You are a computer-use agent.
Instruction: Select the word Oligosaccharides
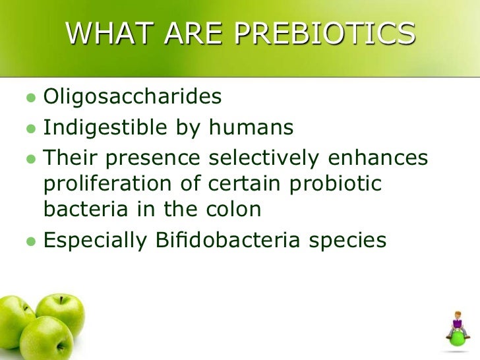132,97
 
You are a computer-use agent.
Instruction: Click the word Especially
94,241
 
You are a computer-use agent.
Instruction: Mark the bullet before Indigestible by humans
29,128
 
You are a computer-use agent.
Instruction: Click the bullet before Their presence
29,158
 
